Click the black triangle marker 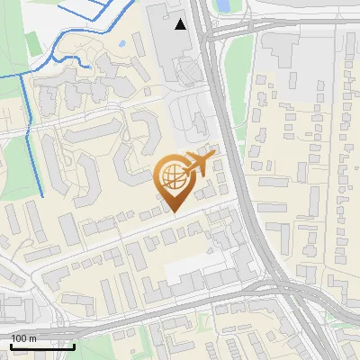pyautogui.click(x=181, y=24)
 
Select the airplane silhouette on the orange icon pyautogui.click(x=199, y=165)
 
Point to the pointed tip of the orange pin pyautogui.click(x=174, y=212)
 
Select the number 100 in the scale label pyautogui.click(x=19, y=337)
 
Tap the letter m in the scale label pyautogui.click(x=32, y=337)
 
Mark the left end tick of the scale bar pyautogui.click(x=11, y=345)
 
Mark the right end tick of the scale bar pyautogui.click(x=74, y=345)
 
